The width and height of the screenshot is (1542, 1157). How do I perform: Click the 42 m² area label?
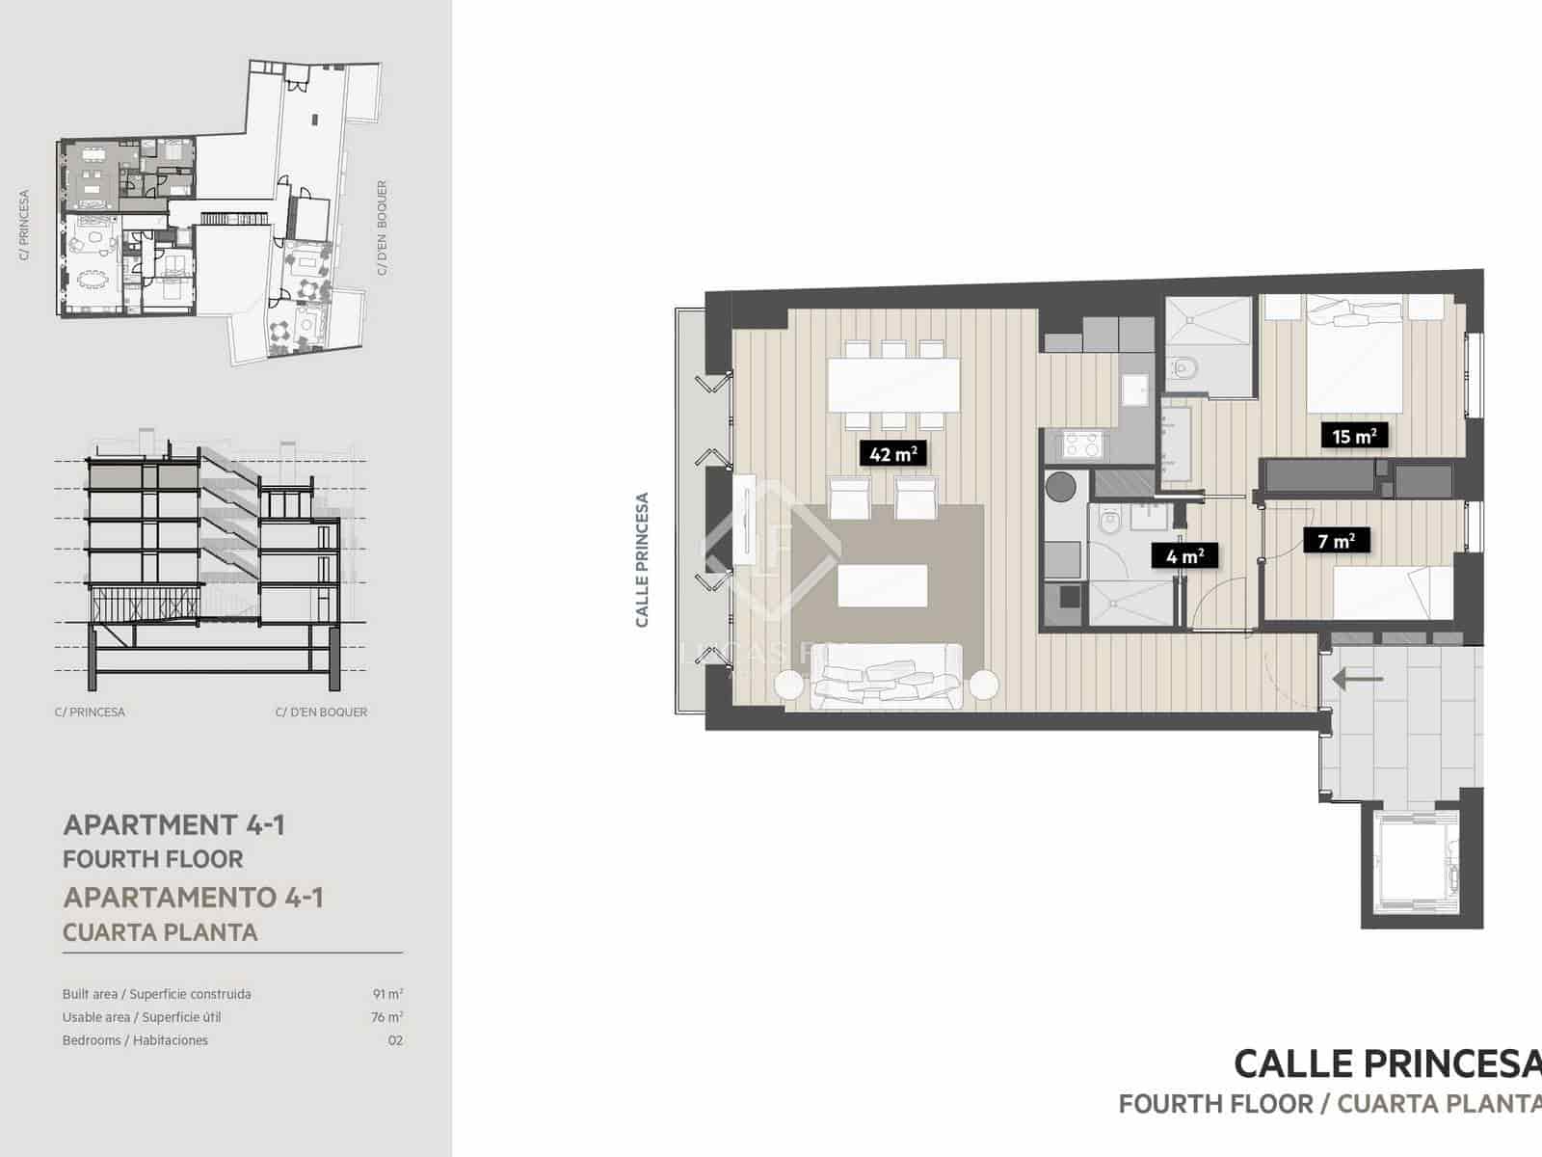892,453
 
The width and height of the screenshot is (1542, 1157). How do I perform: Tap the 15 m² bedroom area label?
1353,437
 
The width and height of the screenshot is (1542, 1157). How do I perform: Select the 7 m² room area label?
1336,541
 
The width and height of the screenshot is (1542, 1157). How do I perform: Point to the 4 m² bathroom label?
1184,556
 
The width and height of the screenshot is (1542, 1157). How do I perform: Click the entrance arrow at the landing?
1357,680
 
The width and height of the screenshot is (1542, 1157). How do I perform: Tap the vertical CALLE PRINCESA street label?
643,560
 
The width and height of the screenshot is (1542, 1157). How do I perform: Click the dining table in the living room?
893,385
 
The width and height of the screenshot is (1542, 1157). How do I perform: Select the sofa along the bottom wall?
887,679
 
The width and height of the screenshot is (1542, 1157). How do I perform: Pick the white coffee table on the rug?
882,585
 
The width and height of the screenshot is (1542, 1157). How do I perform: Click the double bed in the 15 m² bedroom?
1353,357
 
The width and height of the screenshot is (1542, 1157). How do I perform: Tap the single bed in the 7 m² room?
1393,591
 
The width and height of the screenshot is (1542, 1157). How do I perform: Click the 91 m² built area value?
387,994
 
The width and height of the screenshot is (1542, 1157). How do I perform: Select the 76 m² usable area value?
386,1017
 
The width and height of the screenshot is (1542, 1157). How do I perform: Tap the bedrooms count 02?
394,1040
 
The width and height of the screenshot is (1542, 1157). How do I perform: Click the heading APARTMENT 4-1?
173,825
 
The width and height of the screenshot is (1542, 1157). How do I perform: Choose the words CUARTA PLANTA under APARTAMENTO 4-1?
160,932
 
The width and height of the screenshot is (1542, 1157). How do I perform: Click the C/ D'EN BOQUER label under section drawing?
321,713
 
